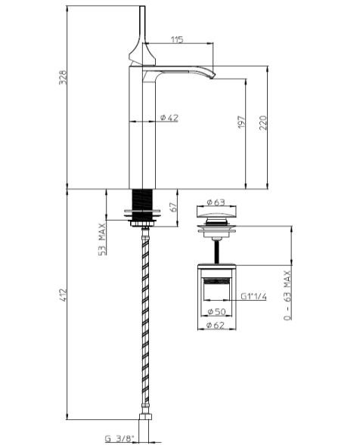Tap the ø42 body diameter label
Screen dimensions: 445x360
[x=169, y=117]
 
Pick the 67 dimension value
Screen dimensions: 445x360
[x=175, y=207]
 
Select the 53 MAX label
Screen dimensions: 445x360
[x=101, y=239]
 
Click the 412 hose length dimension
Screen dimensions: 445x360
[x=64, y=293]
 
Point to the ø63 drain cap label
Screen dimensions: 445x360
[x=218, y=202]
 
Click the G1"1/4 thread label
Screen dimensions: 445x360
[x=253, y=297]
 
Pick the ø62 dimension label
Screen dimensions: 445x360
[x=219, y=326]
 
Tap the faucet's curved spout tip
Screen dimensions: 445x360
[x=213, y=73]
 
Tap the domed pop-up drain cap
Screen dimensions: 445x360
[x=218, y=219]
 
